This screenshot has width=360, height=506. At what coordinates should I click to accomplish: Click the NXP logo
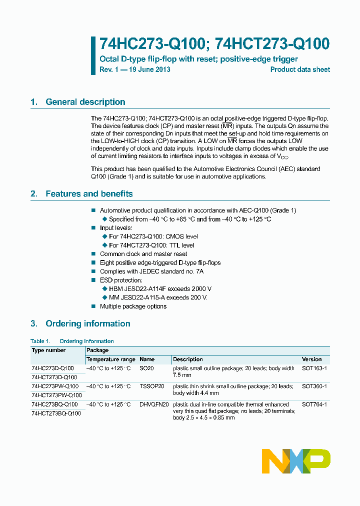click(296, 460)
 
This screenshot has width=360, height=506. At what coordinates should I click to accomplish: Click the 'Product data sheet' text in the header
click(300, 69)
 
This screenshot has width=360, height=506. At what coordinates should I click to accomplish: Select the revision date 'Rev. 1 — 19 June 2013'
click(135, 69)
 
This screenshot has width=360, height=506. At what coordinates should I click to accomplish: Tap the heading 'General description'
click(85, 102)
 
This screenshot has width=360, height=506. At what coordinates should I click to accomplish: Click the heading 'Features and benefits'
click(89, 194)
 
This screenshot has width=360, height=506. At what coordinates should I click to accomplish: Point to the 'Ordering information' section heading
click(87, 324)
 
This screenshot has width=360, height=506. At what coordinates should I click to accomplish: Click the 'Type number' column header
click(48, 350)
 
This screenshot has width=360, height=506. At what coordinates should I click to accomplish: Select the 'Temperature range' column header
click(110, 359)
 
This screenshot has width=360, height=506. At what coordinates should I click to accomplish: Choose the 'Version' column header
click(312, 359)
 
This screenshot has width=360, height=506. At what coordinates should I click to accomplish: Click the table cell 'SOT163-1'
click(314, 368)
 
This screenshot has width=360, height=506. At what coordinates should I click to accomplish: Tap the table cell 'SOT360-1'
click(314, 386)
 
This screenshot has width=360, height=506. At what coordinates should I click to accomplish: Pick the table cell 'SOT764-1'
click(314, 404)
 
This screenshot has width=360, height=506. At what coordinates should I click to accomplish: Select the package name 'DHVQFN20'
click(153, 404)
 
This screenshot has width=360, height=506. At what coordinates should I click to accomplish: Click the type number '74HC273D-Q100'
click(54, 368)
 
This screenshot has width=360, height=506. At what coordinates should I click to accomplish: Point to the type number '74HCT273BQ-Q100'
click(56, 413)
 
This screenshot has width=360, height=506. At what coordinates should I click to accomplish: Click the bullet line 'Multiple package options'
click(133, 306)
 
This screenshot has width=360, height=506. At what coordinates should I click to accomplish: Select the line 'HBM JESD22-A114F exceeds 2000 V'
click(160, 289)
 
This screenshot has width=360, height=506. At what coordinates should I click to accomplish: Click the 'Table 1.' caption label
click(40, 341)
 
